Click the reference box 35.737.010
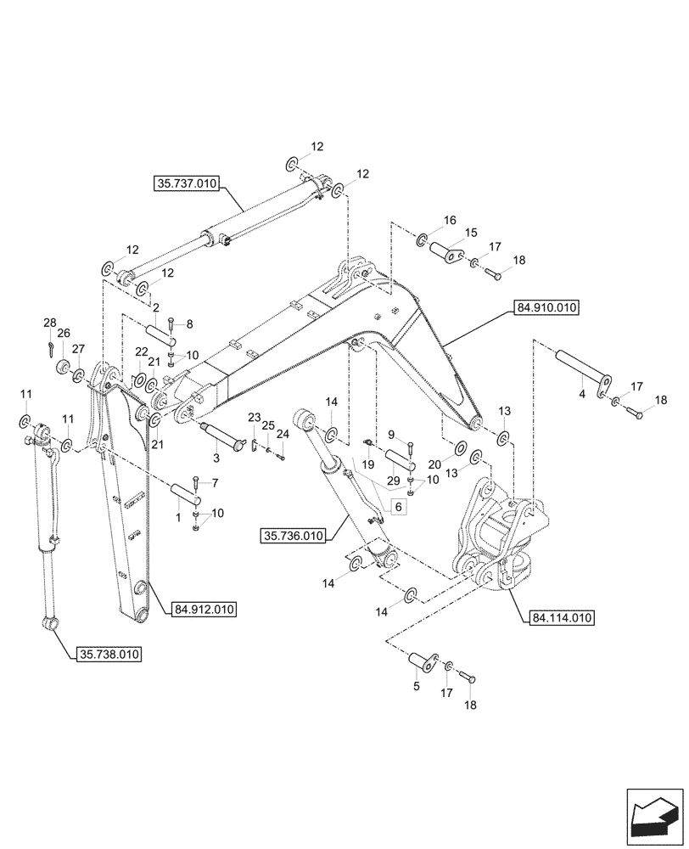(x=187, y=183)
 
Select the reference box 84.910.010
(x=546, y=309)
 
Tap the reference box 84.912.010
(x=204, y=609)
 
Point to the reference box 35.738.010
(x=109, y=655)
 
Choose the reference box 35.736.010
(x=294, y=536)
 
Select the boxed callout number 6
(x=398, y=506)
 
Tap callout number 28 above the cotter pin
(x=50, y=323)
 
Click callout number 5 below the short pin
(x=416, y=686)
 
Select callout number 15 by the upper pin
(x=470, y=232)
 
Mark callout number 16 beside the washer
(x=449, y=220)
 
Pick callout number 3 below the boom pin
(x=216, y=458)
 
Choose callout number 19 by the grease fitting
(x=369, y=464)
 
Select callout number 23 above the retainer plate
(x=254, y=417)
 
